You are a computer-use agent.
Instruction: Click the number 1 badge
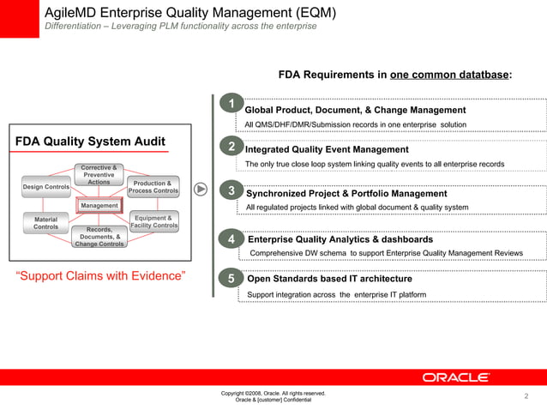click(231, 106)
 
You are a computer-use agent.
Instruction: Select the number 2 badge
click(231, 148)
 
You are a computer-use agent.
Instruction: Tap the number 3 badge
click(231, 190)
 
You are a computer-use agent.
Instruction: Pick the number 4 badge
click(231, 237)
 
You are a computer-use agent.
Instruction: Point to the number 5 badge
click(231, 278)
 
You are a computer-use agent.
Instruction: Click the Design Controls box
click(45, 186)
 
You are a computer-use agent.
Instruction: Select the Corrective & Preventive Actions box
click(99, 174)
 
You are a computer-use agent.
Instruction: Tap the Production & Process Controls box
click(153, 187)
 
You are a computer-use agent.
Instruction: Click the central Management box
click(99, 206)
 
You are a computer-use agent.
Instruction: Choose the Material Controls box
click(45, 223)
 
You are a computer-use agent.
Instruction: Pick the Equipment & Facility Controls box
click(153, 222)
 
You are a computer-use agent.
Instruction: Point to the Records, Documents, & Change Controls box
click(99, 237)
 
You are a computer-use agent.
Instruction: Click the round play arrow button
click(201, 189)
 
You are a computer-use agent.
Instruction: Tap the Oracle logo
click(455, 377)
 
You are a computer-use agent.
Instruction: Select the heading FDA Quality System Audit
click(90, 142)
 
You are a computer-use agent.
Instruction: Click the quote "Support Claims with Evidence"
click(101, 275)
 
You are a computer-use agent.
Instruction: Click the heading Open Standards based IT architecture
click(329, 279)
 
